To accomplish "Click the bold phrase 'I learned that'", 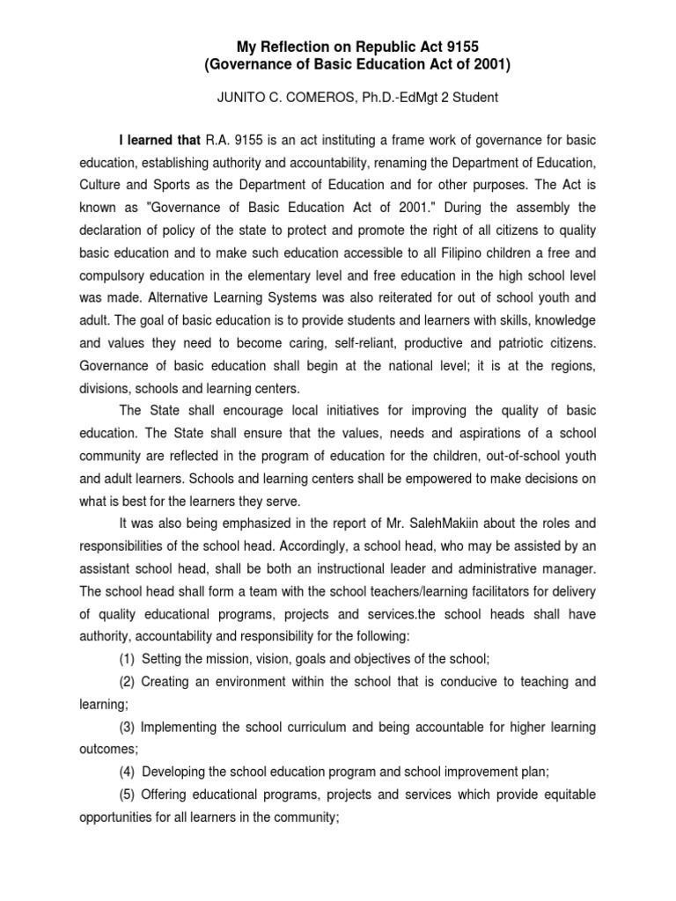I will (x=159, y=139).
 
